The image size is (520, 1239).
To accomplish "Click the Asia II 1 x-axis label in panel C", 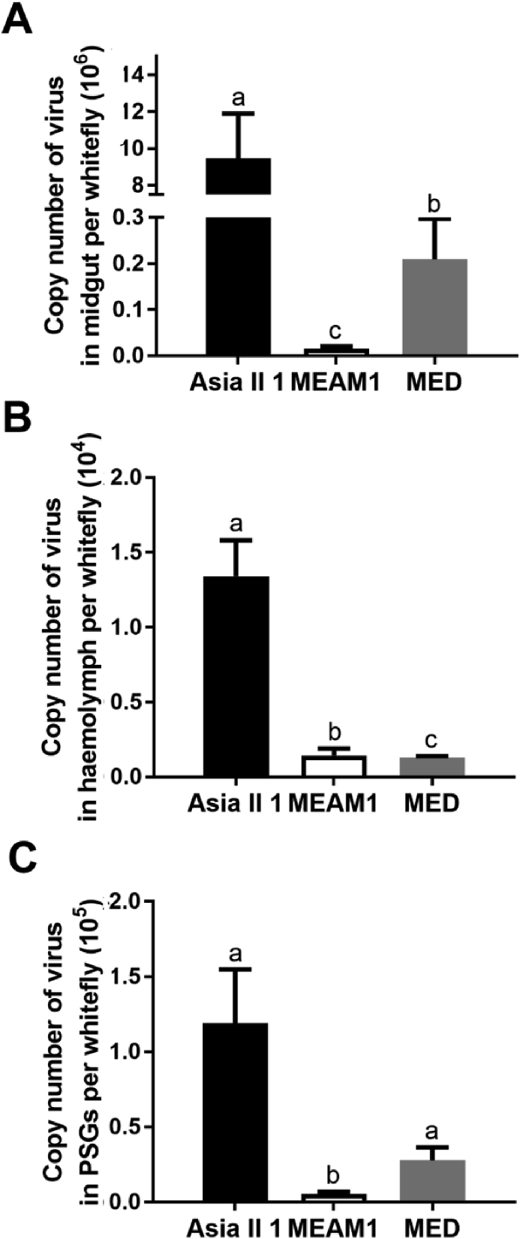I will click(233, 1228).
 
